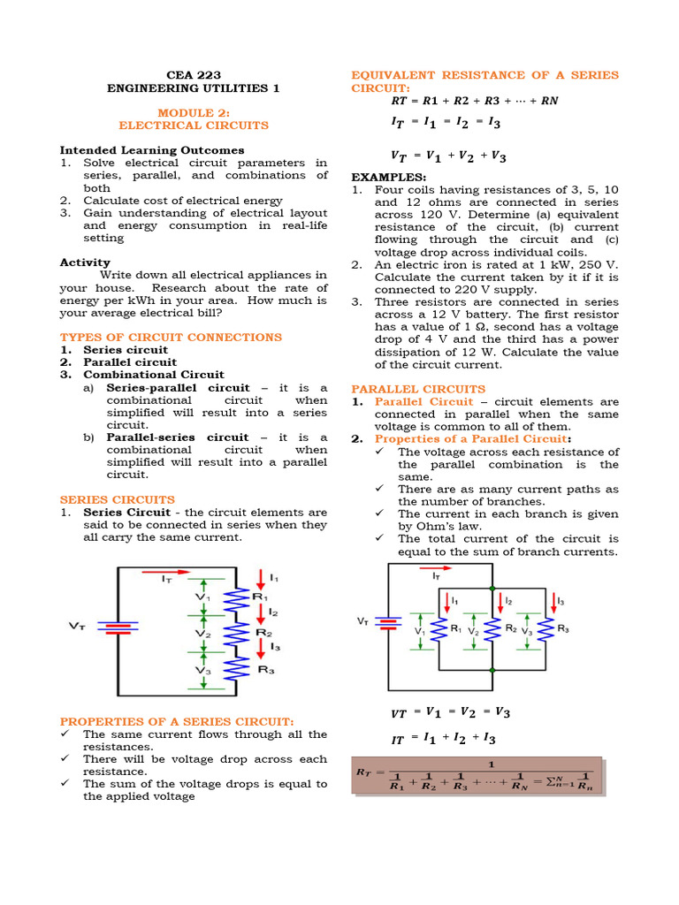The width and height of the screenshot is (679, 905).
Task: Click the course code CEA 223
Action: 193,75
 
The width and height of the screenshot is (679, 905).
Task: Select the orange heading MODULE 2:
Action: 193,113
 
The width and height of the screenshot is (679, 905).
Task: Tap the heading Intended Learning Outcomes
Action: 152,150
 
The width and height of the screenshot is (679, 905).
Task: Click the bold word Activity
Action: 85,262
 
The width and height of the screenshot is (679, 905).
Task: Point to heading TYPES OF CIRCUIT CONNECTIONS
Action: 171,337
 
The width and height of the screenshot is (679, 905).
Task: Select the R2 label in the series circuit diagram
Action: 263,633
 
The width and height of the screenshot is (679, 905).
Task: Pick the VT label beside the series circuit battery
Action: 78,626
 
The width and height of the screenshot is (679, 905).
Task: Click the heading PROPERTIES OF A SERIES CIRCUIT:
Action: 177,721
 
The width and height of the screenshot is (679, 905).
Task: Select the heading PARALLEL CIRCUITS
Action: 418,389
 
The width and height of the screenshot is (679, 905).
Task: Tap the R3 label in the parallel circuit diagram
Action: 562,628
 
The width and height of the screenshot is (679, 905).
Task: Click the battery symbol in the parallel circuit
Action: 387,623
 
